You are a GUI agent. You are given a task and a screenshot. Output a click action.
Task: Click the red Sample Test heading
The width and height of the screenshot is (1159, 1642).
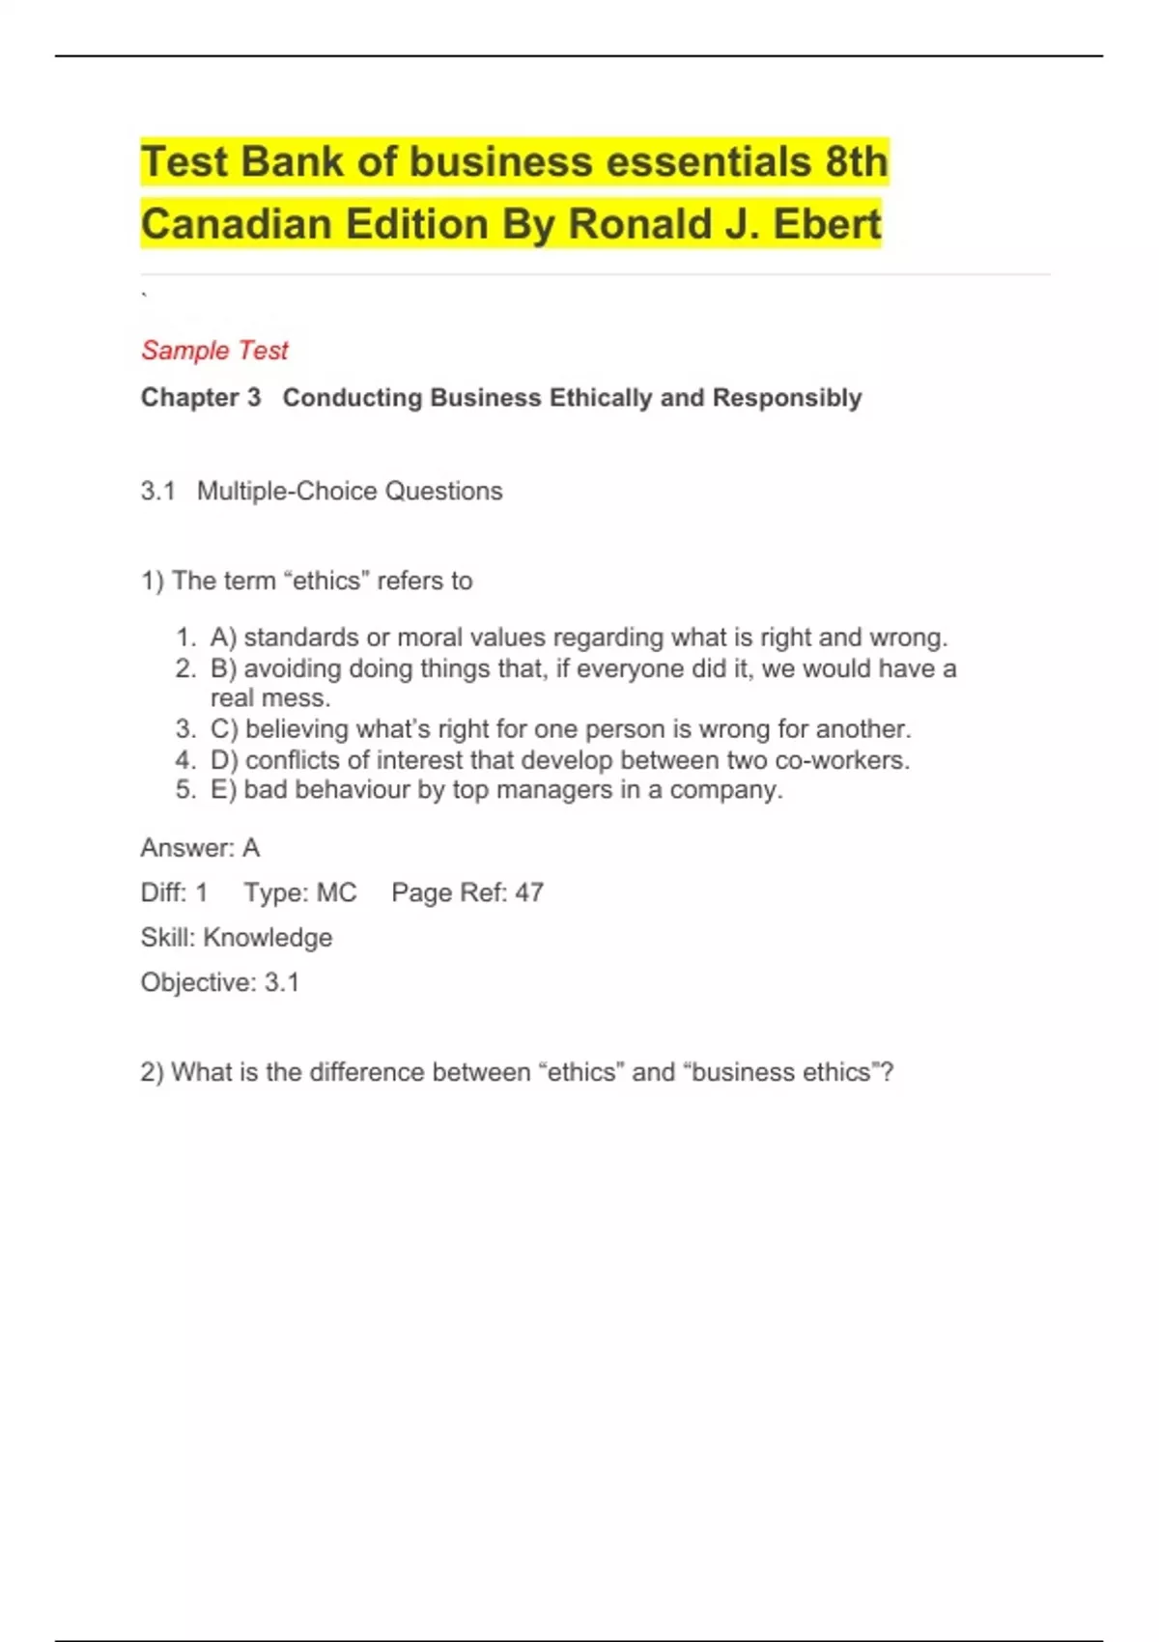click(214, 350)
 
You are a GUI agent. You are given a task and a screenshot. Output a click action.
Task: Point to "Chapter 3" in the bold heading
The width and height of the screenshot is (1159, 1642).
click(201, 397)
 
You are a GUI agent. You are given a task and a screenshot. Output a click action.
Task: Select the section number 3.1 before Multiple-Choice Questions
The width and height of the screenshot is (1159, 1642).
click(157, 491)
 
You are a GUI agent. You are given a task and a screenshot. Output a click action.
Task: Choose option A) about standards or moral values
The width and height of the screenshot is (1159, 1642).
click(579, 637)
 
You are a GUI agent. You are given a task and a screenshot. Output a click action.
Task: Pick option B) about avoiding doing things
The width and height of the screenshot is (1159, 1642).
click(582, 668)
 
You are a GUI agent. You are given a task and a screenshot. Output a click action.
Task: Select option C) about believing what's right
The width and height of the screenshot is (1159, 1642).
click(560, 728)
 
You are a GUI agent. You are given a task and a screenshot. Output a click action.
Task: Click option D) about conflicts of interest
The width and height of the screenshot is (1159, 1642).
click(559, 760)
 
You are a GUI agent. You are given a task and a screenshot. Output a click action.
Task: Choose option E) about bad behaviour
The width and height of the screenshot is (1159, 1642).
click(495, 790)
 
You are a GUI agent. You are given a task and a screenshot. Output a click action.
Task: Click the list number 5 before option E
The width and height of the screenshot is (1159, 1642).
click(184, 790)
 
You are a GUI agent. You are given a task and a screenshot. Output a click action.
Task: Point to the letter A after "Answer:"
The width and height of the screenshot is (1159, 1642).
click(251, 848)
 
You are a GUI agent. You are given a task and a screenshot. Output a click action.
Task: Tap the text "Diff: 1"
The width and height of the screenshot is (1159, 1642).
click(174, 892)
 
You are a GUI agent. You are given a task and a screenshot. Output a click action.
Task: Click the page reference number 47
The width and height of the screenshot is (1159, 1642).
click(529, 892)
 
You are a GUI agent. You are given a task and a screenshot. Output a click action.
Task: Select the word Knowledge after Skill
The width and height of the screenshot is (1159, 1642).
click(268, 938)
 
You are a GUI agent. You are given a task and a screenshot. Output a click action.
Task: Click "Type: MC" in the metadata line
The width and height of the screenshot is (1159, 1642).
click(299, 892)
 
